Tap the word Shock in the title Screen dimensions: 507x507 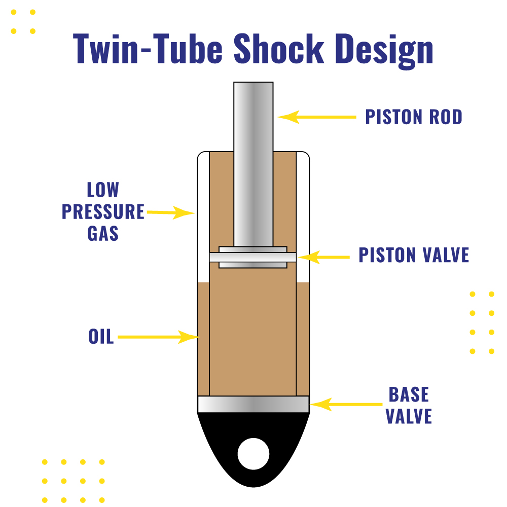[x=278, y=49]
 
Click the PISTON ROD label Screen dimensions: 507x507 [x=414, y=117]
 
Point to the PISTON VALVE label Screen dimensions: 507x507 [x=414, y=255]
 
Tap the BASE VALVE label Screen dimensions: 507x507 [x=409, y=405]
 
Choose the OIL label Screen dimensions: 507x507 [x=101, y=337]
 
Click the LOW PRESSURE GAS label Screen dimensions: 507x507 [x=103, y=211]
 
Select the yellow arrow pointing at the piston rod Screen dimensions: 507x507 [x=317, y=117]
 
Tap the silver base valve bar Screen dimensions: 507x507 [x=253, y=404]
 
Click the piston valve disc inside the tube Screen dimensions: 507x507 [x=253, y=257]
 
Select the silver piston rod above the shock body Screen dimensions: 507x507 [x=253, y=117]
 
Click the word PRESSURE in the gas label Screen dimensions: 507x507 [x=103, y=211]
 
